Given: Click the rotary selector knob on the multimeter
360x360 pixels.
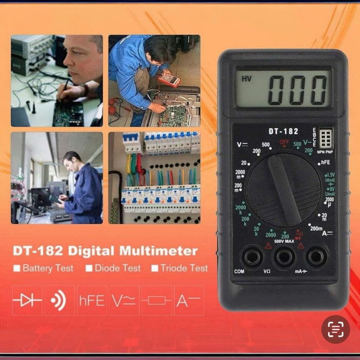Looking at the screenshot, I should [285, 190].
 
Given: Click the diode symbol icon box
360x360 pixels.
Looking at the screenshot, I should [27, 300].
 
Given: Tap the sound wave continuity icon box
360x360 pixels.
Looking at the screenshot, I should [59, 300].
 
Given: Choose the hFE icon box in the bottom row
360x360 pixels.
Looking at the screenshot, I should [92, 300].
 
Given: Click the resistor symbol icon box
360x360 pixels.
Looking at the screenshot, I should [156, 300].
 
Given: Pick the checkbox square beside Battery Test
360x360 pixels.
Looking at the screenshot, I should [17, 268].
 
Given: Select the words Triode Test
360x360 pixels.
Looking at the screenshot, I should [184, 268].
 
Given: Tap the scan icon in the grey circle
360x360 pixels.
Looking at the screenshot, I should [335, 329].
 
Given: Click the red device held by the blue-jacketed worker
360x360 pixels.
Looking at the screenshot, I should [169, 80].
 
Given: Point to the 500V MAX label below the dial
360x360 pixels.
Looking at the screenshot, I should [284, 241].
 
